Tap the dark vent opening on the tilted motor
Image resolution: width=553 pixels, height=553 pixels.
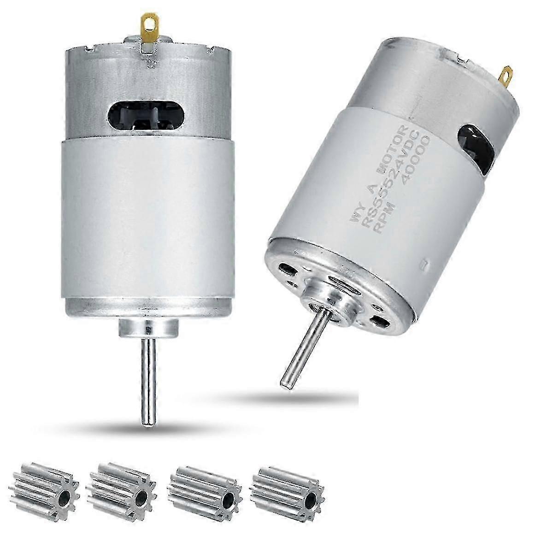click(475, 143)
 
